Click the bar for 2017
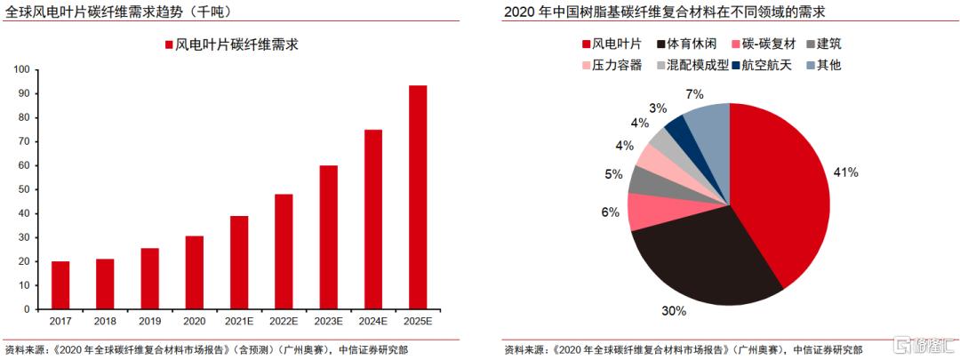pyautogui.click(x=60, y=285)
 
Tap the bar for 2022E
pyautogui.click(x=284, y=252)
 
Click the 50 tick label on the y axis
pyautogui.click(x=23, y=189)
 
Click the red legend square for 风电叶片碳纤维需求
pyautogui.click(x=169, y=45)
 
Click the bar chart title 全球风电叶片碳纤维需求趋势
pyautogui.click(x=116, y=12)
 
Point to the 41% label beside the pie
pyautogui.click(x=845, y=172)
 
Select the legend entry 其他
pyautogui.click(x=828, y=65)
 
